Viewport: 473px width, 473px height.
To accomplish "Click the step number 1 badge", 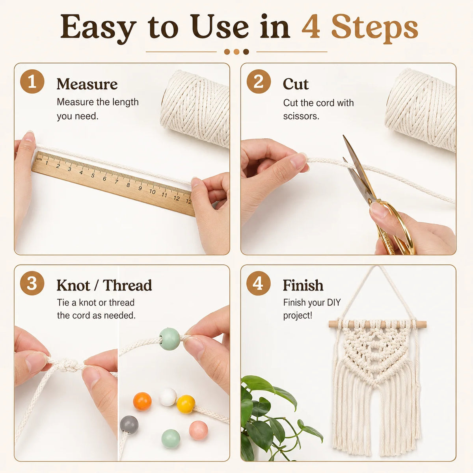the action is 32,81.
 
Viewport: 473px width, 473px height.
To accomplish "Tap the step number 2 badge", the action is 259,81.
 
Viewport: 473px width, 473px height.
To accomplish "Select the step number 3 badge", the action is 32,283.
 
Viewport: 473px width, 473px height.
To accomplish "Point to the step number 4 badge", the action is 259,283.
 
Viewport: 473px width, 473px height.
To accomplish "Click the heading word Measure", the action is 87,84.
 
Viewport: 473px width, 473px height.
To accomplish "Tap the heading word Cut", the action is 296,84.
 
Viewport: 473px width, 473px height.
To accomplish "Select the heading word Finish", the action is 303,285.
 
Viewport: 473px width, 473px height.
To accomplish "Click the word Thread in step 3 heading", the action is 127,285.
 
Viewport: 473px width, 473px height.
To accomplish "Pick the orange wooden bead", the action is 142,401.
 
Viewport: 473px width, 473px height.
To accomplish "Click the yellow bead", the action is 186,404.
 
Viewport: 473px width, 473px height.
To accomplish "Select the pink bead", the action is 198,430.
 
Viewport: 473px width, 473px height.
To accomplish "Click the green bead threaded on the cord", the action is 169,339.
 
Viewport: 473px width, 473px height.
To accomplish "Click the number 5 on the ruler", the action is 93,175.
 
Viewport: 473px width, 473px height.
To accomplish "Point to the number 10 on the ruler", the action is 152,192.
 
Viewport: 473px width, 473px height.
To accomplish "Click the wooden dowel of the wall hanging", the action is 377,324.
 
